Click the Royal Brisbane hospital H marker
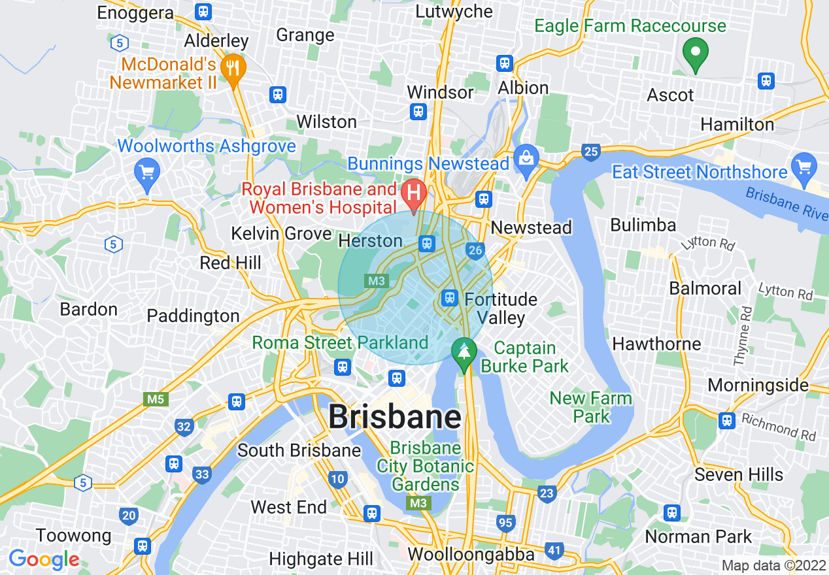[413, 193]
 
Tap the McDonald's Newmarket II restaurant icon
[231, 66]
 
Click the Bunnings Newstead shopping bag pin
[525, 159]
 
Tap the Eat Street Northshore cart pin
[804, 167]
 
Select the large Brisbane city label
[394, 416]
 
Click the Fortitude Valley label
[501, 308]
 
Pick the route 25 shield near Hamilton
[591, 152]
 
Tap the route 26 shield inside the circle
[475, 250]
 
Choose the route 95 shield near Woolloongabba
[505, 523]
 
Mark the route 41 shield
[554, 551]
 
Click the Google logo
[44, 559]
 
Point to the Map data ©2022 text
[773, 566]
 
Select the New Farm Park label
[590, 407]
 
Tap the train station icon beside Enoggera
[203, 12]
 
